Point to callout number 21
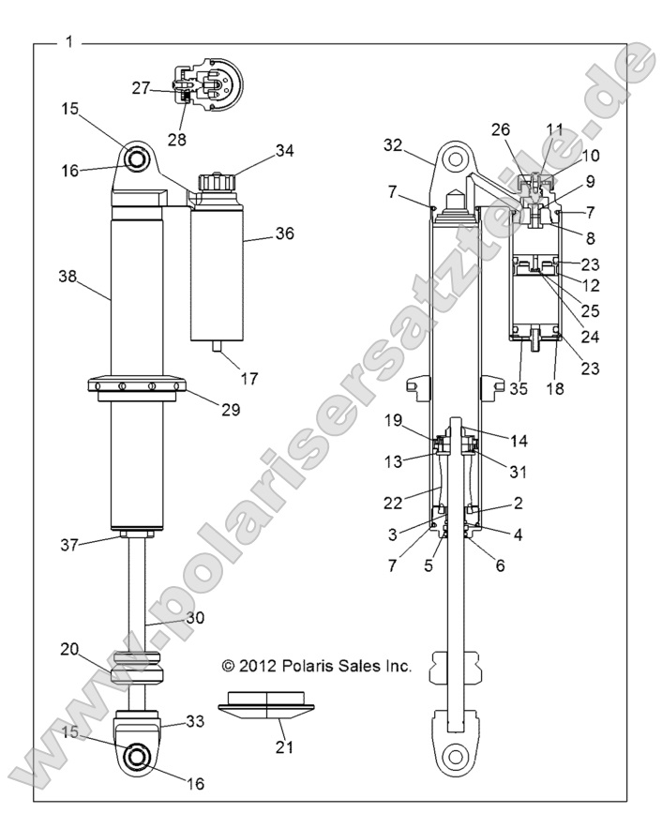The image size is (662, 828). tap(283, 746)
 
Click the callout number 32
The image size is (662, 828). tap(393, 144)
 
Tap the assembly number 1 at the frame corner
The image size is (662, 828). tap(70, 42)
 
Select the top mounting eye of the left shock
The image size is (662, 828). tap(137, 159)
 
